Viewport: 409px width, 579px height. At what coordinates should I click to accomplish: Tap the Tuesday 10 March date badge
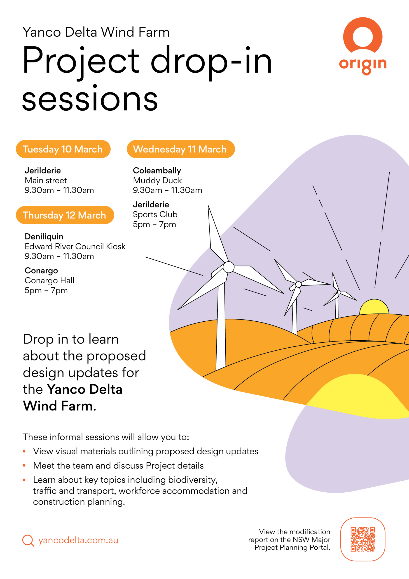(x=63, y=149)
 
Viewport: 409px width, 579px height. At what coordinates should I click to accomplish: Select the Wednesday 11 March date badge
(x=181, y=149)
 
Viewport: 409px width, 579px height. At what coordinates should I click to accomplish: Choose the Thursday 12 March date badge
(x=65, y=215)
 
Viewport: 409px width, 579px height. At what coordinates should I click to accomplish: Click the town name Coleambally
(x=157, y=171)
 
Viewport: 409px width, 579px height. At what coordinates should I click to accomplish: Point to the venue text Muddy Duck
(x=157, y=180)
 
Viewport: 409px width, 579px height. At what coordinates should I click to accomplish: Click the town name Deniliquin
(x=44, y=237)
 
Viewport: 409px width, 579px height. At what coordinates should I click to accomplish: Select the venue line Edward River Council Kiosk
(x=75, y=246)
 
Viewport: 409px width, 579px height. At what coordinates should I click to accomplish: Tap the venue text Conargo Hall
(x=49, y=280)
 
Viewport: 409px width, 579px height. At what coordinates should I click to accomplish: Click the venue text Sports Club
(x=155, y=214)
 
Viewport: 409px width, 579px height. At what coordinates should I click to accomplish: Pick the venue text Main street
(x=46, y=180)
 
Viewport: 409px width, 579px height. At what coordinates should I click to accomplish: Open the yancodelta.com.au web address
(x=78, y=540)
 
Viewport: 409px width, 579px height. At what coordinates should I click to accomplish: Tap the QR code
(x=363, y=539)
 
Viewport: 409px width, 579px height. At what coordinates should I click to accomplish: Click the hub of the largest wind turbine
(x=229, y=267)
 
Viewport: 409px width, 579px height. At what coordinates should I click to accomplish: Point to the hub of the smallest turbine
(x=339, y=292)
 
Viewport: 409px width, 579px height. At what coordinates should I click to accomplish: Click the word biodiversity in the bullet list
(x=193, y=480)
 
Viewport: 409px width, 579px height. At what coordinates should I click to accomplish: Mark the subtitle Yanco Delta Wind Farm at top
(x=96, y=32)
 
